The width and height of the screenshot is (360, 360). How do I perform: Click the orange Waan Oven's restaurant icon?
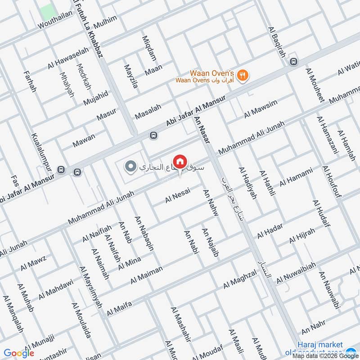click(x=243, y=75)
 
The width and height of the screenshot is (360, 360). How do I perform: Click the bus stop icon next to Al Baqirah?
click(x=294, y=62)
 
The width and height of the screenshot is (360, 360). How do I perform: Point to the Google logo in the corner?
click(x=19, y=353)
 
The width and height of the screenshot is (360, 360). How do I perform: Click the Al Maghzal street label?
click(x=239, y=279)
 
